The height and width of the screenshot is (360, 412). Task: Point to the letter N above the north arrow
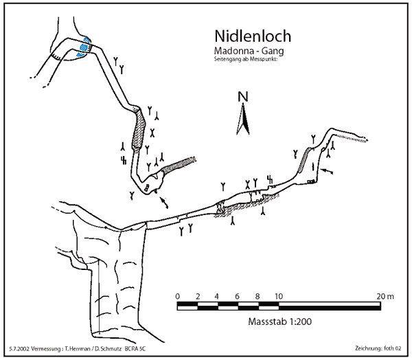point(242,97)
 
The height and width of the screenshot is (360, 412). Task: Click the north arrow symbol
point(242,121)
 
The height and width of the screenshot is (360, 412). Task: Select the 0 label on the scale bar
point(178,296)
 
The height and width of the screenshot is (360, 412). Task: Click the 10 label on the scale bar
point(278,296)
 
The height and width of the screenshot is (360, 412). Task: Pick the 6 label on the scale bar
point(238,296)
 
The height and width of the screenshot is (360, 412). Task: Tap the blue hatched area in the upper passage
point(84,46)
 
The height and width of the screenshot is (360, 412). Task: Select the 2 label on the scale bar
point(198,296)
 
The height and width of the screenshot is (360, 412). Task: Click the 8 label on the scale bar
point(257,296)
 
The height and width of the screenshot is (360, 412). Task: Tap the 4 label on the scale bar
point(218,296)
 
